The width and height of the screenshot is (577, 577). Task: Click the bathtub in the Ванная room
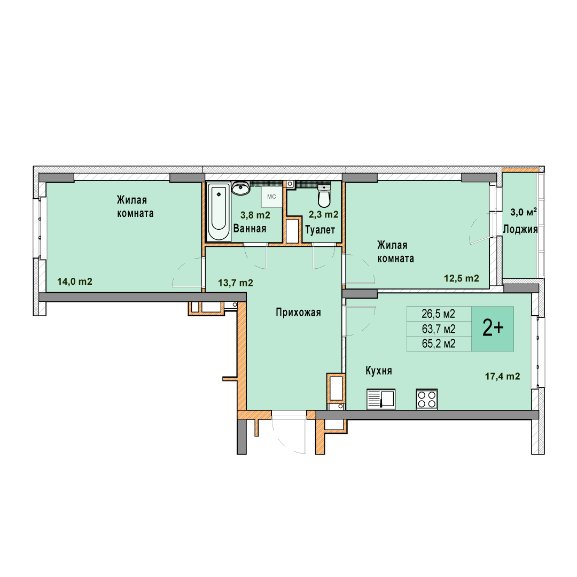[219, 212]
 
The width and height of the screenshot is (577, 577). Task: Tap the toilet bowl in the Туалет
[324, 196]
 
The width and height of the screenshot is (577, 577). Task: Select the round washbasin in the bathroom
[241, 188]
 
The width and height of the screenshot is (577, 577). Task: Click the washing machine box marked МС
[271, 197]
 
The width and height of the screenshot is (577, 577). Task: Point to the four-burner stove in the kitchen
[427, 399]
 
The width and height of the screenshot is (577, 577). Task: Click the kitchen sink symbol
[381, 399]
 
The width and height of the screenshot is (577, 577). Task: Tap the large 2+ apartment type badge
[493, 329]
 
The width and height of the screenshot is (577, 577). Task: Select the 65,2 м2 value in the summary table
[439, 344]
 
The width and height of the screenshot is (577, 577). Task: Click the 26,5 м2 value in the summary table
[438, 314]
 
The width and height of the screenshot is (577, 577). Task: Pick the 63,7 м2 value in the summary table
[439, 329]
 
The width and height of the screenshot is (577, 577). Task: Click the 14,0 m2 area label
[75, 282]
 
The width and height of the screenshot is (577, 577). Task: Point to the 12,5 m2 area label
[462, 278]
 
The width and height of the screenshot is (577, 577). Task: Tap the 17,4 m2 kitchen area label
[502, 376]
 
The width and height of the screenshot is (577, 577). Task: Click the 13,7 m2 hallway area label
[236, 283]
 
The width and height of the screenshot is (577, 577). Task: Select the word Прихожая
[299, 313]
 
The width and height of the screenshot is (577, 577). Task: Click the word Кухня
[379, 371]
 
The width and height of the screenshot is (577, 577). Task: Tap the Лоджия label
[520, 229]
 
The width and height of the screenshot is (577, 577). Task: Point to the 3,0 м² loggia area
[523, 212]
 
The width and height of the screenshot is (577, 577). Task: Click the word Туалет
[320, 230]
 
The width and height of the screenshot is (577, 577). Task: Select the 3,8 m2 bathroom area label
[255, 215]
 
